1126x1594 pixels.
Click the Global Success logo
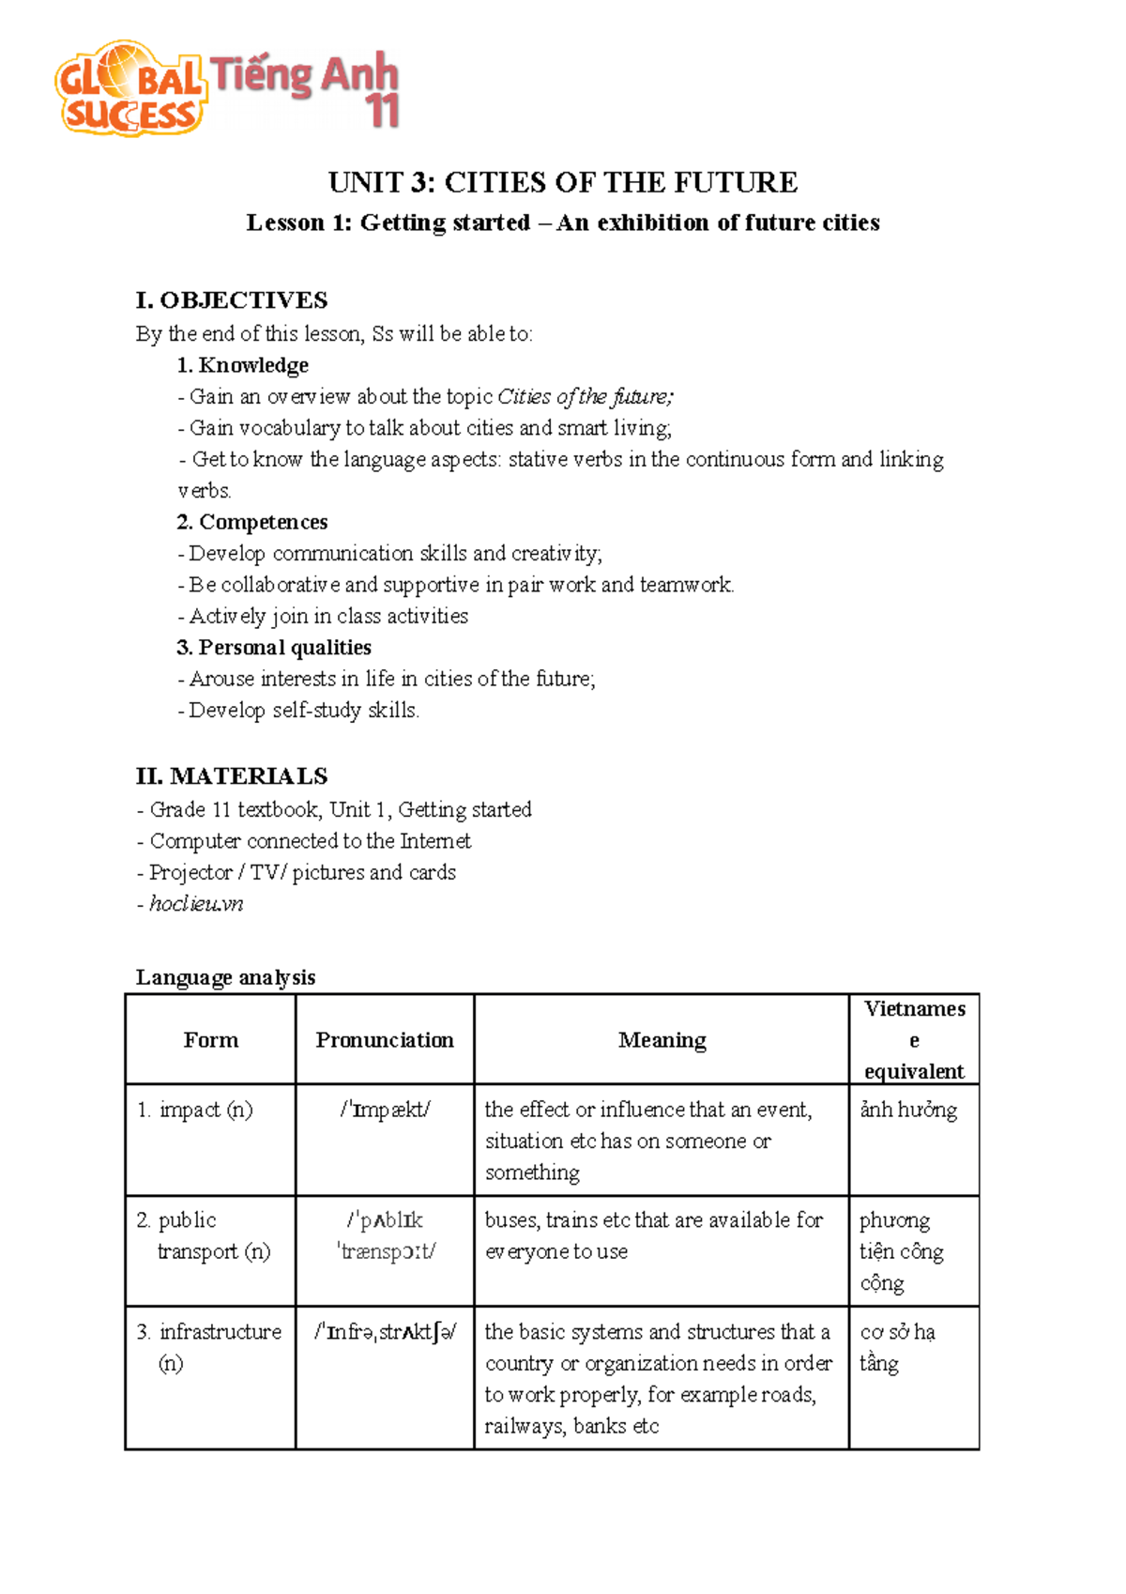click(129, 89)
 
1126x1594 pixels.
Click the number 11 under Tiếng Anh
click(383, 112)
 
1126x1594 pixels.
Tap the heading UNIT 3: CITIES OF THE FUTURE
click(562, 182)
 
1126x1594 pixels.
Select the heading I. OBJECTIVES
click(232, 300)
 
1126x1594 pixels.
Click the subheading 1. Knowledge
click(242, 365)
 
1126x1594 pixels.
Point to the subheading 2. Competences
click(251, 522)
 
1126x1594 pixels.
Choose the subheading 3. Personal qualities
click(273, 648)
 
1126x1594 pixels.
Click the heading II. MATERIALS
click(232, 776)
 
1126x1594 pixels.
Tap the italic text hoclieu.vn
click(196, 904)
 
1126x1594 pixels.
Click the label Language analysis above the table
click(225, 977)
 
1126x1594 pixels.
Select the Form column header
click(210, 1040)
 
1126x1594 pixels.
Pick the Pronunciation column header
click(384, 1040)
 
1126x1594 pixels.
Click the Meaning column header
click(662, 1040)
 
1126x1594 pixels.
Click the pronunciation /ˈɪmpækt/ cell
click(385, 1111)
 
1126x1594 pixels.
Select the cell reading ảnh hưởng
click(908, 1111)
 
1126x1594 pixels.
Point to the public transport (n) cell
click(206, 1235)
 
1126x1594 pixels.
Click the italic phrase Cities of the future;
click(585, 397)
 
